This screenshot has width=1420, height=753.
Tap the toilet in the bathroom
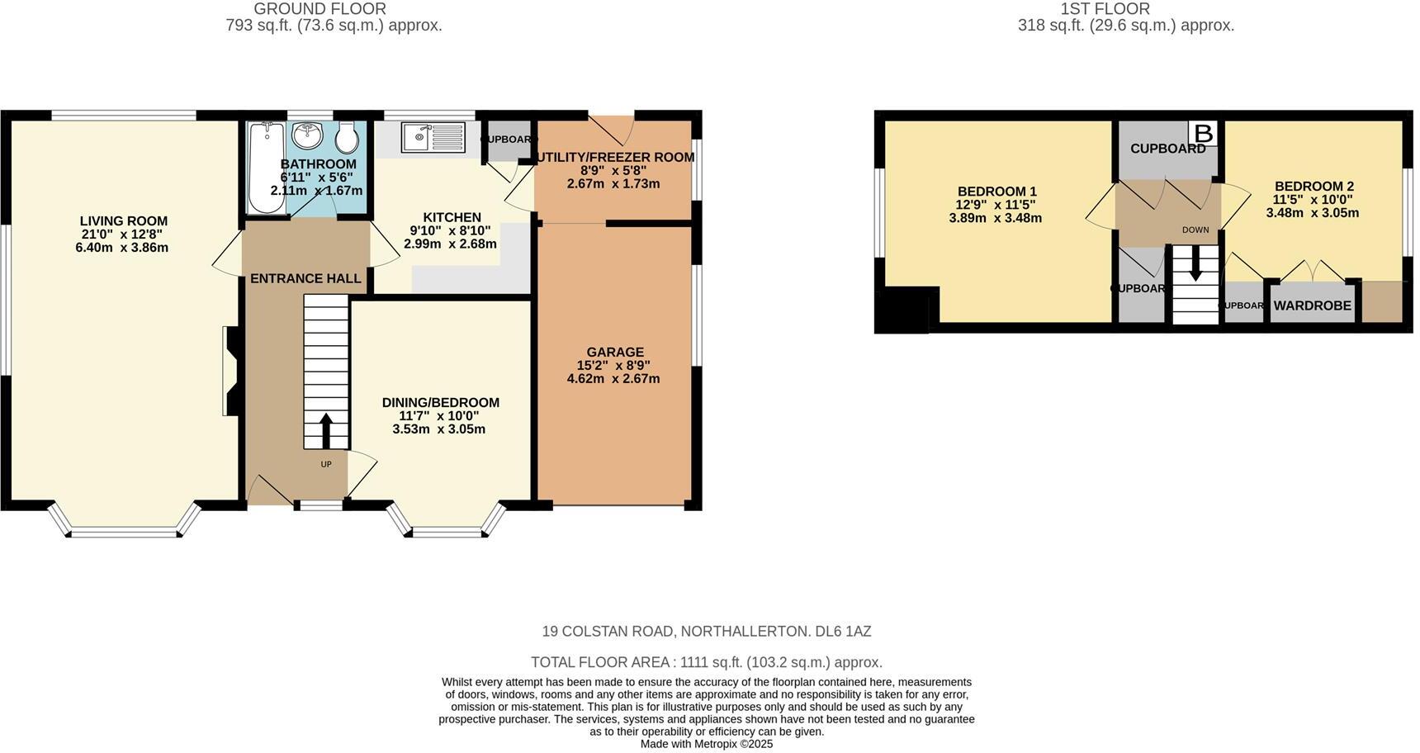click(347, 138)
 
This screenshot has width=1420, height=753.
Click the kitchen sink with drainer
click(433, 137)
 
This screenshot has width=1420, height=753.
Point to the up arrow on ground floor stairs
click(325, 430)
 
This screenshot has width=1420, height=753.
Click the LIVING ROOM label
click(124, 221)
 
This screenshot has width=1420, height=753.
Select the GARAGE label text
click(615, 352)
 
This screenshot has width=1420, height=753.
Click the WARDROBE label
click(1312, 305)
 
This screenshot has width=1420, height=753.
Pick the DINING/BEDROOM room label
click(440, 403)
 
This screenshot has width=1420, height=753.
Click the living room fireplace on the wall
click(230, 370)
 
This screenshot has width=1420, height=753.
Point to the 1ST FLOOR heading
click(1105, 9)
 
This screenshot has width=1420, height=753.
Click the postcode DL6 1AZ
click(843, 632)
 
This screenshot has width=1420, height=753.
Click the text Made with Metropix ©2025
click(706, 744)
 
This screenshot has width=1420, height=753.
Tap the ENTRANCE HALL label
click(305, 279)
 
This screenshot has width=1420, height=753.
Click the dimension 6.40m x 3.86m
click(121, 248)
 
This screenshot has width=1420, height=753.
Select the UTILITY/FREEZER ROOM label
click(614, 157)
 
